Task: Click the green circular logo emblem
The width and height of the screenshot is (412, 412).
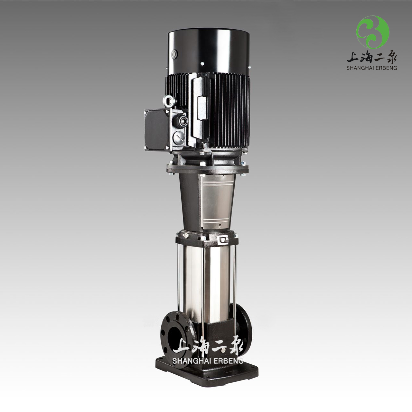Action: [372, 32]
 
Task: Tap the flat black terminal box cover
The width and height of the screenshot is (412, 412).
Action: [156, 130]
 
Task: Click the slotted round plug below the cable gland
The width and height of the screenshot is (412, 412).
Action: [179, 136]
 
